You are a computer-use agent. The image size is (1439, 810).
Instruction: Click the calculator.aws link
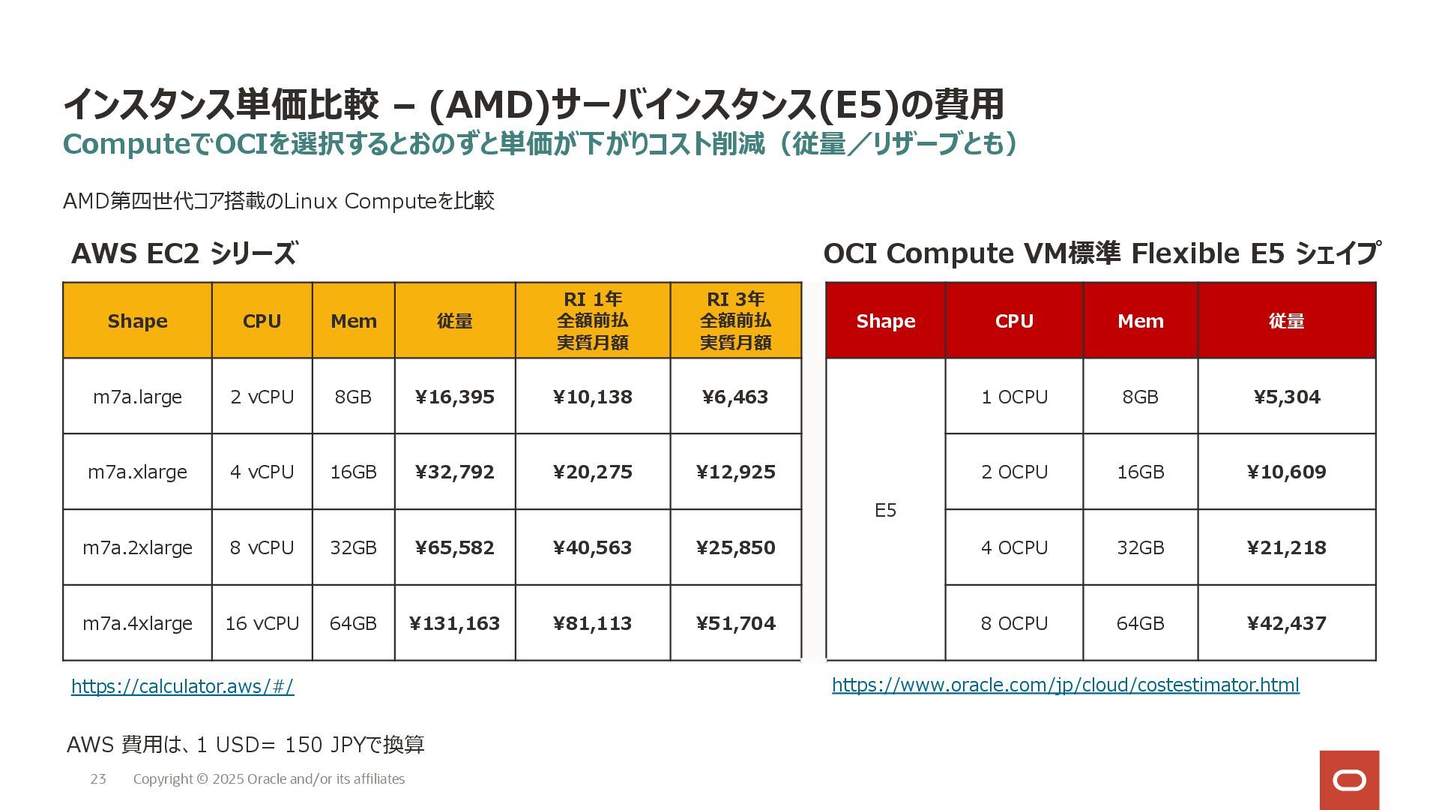(x=182, y=686)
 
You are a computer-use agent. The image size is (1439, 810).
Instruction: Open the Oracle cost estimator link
(x=1065, y=685)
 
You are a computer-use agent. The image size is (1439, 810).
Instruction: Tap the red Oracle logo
(x=1349, y=780)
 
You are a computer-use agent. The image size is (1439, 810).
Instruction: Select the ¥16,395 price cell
(x=454, y=397)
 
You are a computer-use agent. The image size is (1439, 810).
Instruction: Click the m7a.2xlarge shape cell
(x=137, y=547)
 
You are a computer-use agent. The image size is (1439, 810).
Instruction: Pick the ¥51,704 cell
(x=735, y=623)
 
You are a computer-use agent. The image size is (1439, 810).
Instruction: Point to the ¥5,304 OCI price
(x=1286, y=397)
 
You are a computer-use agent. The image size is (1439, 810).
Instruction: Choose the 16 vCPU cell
(x=262, y=623)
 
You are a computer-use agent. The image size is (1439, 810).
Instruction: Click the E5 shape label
(x=885, y=510)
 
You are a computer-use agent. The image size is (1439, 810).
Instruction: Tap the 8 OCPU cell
(x=1013, y=623)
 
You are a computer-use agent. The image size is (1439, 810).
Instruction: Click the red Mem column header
(x=1140, y=321)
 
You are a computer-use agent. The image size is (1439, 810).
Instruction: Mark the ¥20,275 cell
(x=592, y=472)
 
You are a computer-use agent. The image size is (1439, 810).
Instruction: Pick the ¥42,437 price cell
(x=1286, y=623)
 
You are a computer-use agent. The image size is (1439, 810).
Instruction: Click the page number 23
(x=98, y=779)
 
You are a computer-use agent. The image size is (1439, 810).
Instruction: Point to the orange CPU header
(x=262, y=321)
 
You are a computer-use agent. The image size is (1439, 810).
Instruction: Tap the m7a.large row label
(x=137, y=397)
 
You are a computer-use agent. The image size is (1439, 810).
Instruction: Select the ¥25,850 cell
(x=735, y=547)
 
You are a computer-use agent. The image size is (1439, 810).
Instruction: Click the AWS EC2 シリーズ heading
(x=184, y=253)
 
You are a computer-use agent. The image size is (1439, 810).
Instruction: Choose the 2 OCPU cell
(x=1013, y=472)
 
